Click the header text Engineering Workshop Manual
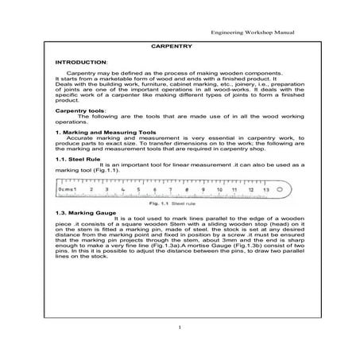(259, 33)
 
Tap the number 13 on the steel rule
(265, 191)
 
